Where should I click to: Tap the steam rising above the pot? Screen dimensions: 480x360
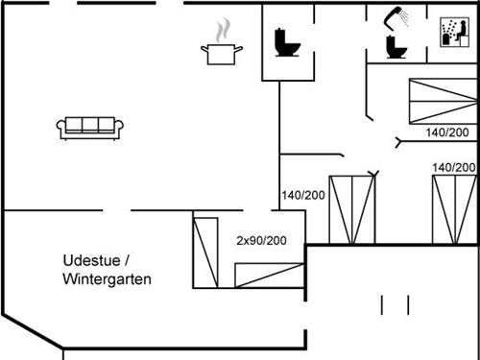223,26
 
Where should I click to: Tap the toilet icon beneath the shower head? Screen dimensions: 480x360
393,46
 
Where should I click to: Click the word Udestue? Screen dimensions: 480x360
90,261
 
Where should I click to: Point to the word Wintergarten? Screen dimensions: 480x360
107,279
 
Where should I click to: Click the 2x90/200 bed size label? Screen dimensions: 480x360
262,241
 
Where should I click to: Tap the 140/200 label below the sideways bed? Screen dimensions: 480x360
446,132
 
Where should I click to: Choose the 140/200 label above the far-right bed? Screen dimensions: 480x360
454,167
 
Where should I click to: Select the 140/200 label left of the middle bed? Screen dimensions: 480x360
303,195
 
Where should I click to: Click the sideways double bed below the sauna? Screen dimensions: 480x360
443,99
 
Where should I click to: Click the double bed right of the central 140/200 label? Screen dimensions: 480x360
351,209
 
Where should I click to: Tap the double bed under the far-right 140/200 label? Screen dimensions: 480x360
453,209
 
